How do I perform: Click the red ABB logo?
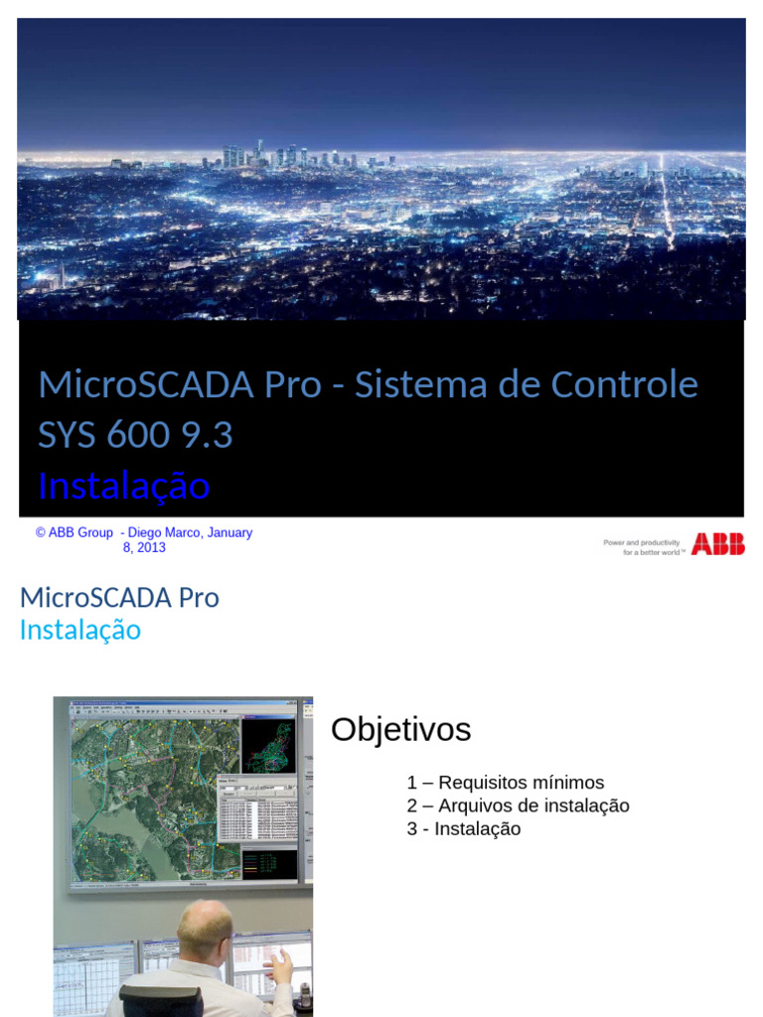717,544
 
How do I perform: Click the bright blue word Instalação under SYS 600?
123,486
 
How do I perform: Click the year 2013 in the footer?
151,547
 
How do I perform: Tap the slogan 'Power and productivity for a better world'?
642,546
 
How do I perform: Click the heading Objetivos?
400,730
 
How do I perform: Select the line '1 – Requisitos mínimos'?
505,783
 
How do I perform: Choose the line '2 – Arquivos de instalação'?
518,805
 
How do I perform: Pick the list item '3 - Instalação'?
463,828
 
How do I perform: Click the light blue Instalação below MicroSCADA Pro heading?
80,630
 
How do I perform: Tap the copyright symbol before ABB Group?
41,532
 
